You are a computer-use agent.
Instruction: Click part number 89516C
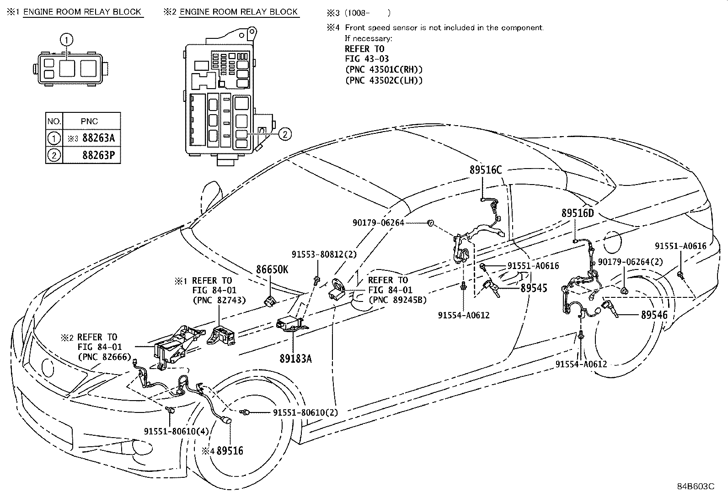click(x=485, y=170)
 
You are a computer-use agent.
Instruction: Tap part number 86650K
click(x=272, y=269)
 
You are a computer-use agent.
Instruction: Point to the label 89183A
click(x=295, y=359)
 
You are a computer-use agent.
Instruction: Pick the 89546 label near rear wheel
click(x=654, y=315)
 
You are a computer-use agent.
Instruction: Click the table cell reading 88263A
click(x=98, y=138)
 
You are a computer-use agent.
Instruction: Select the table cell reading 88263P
click(x=98, y=155)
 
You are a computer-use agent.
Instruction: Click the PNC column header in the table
click(x=90, y=122)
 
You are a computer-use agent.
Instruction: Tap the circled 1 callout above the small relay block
click(x=67, y=40)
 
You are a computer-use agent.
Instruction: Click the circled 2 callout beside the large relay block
click(x=284, y=134)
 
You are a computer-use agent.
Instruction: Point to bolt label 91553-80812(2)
click(x=324, y=254)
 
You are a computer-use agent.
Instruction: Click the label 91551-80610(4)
click(x=176, y=431)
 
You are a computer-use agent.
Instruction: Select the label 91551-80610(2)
click(x=305, y=412)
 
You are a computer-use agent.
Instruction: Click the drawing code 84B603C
click(x=696, y=486)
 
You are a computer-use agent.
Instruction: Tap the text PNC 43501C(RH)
click(x=383, y=69)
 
